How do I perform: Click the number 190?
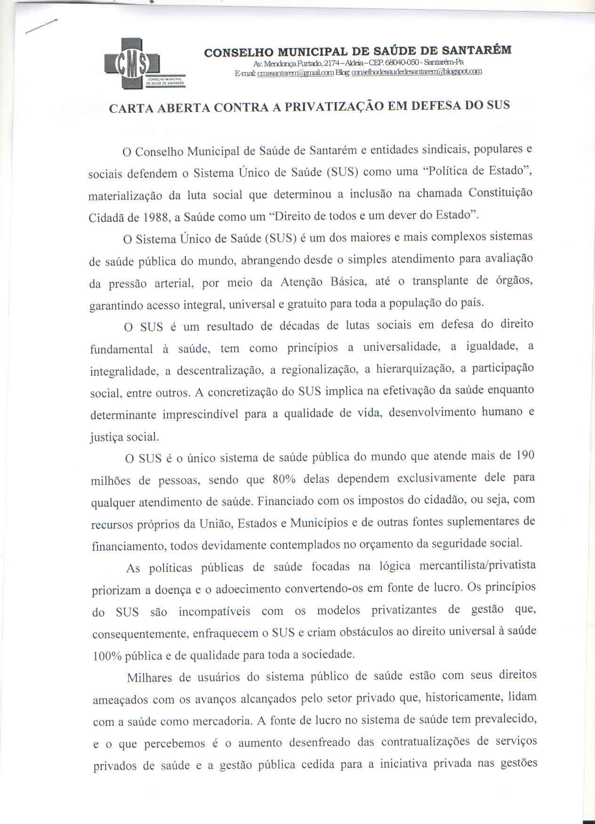pyautogui.click(x=525, y=455)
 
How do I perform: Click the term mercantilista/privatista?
pyautogui.click(x=477, y=565)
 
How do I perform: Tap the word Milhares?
pyautogui.click(x=149, y=678)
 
